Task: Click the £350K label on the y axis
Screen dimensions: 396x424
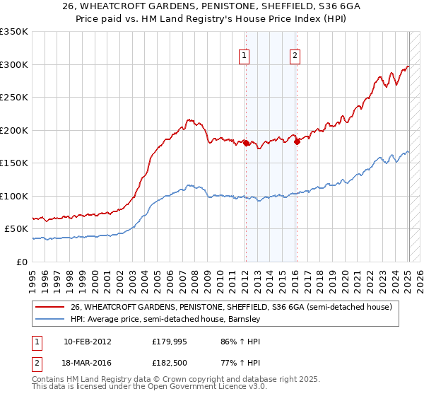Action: pos(14,32)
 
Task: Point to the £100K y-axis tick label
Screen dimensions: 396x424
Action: pos(14,196)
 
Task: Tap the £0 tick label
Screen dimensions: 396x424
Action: pos(21,262)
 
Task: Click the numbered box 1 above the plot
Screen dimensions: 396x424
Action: pos(245,57)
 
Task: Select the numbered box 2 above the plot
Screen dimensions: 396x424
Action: pos(295,57)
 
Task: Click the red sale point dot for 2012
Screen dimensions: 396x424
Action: pos(246,143)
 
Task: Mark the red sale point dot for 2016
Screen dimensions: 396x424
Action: pos(297,141)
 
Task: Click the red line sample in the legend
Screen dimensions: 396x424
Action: pos(51,307)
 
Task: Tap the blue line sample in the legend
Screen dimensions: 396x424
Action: pos(51,319)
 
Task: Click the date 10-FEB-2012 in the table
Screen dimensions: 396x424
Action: pos(87,341)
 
